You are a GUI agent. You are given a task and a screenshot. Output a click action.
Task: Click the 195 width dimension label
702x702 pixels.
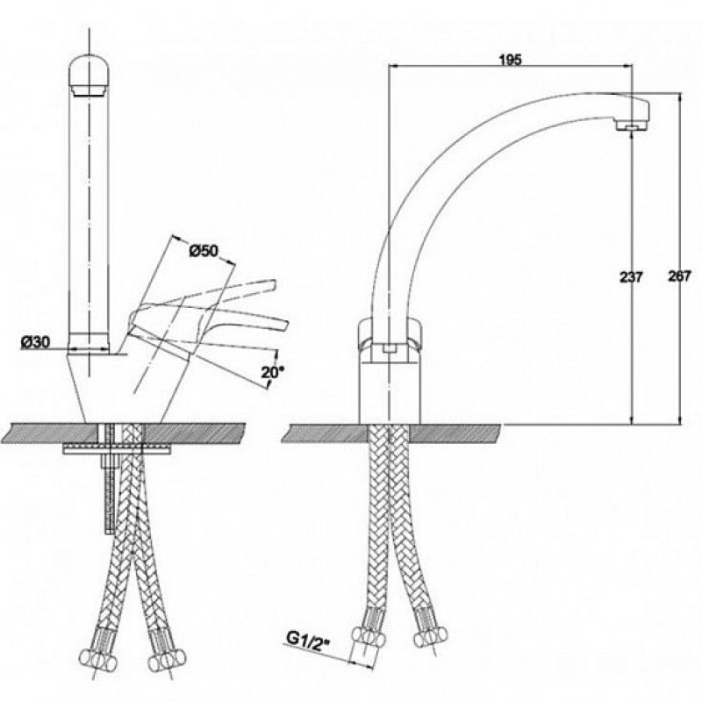coord(511,60)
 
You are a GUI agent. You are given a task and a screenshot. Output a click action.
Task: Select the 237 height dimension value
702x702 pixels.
coord(630,277)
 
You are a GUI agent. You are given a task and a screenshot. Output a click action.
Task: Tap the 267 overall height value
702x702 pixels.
coord(679,276)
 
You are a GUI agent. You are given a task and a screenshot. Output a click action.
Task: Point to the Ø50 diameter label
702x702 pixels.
coord(204,251)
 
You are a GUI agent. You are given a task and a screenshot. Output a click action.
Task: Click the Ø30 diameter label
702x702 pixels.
coord(35,342)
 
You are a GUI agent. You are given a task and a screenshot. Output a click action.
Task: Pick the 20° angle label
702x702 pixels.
coord(273,371)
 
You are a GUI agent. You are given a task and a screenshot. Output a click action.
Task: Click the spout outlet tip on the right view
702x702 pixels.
coord(632,126)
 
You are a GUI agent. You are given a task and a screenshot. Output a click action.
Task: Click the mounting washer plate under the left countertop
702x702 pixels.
coord(118,449)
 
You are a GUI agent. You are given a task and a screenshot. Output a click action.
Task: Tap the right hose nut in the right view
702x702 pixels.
coord(431,635)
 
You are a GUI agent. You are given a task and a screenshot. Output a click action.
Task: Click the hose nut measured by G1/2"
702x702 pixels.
coord(369,637)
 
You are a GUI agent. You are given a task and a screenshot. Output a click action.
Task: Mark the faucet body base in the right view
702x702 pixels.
coord(390,388)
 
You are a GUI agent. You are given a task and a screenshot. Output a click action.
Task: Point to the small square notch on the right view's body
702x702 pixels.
coord(390,349)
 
